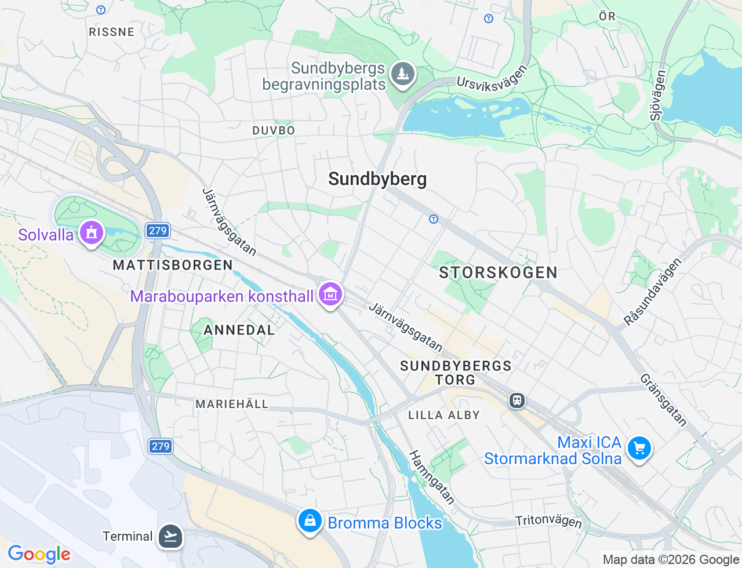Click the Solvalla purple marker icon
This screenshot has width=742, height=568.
coord(91,232)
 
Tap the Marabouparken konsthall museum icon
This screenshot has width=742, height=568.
coord(330,294)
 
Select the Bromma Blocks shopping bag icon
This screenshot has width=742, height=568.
coord(310,520)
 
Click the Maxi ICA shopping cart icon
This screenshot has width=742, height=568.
coord(639,448)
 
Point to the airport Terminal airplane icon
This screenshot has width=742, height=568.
coord(170,536)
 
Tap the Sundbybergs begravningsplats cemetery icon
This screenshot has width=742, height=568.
coord(402,74)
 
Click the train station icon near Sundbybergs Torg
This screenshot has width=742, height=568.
coord(517,400)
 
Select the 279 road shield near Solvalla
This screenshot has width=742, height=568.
coord(157,231)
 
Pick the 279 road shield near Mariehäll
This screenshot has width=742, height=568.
coord(161,446)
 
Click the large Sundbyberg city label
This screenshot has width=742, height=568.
coord(377,179)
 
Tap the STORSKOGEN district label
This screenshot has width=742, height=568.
coord(498,272)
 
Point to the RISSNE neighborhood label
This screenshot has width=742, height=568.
coord(112,32)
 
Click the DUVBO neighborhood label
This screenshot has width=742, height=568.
coord(274,130)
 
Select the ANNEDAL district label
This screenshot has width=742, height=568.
coord(239,330)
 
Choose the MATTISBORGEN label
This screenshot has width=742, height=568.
coord(173,265)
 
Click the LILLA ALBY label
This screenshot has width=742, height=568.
coord(444,415)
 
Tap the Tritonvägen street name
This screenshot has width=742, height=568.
coord(548,520)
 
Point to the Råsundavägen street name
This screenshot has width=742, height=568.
coord(652,292)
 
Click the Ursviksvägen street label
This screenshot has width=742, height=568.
coord(492,79)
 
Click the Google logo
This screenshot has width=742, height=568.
coord(39,554)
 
